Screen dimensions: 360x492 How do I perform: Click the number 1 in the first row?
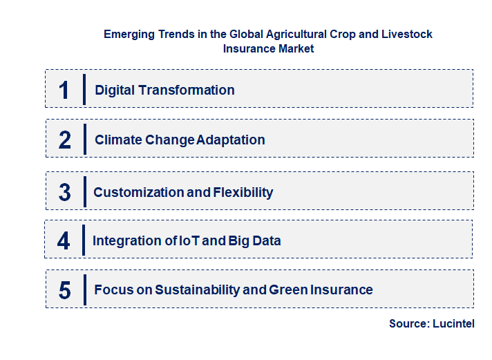coord(64,90)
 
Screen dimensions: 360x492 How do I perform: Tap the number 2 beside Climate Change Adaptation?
coord(65,140)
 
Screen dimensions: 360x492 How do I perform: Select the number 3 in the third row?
coord(65,192)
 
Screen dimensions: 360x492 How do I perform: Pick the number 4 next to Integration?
coord(64,241)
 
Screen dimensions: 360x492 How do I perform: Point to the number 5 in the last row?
coord(65,290)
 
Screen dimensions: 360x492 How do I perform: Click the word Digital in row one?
coord(113,90)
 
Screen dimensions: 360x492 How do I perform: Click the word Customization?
coord(138,192)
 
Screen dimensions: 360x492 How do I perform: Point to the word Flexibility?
coord(243,192)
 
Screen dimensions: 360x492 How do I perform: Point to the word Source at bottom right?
coord(409,323)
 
